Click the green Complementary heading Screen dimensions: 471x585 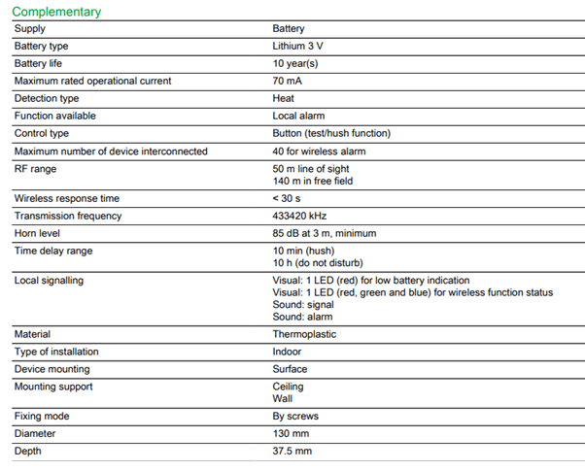[x=56, y=12]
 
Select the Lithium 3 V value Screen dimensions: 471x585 [x=299, y=47]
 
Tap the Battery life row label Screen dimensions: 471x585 [x=38, y=64]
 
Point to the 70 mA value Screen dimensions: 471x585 [x=287, y=82]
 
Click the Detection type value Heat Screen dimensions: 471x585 [x=284, y=99]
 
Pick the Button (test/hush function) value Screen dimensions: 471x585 [x=331, y=134]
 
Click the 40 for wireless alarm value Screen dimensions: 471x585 [x=318, y=151]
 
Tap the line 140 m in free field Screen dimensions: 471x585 [x=312, y=181]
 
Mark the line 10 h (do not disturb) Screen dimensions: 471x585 [x=317, y=263]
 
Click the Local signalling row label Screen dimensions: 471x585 [x=49, y=281]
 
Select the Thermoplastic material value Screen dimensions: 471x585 [x=304, y=335]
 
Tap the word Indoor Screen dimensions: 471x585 [x=287, y=353]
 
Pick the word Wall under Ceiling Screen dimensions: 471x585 [x=283, y=399]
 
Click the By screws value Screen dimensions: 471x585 [x=295, y=417]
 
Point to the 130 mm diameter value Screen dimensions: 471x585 [x=290, y=434]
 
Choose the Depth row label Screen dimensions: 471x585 [x=28, y=452]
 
